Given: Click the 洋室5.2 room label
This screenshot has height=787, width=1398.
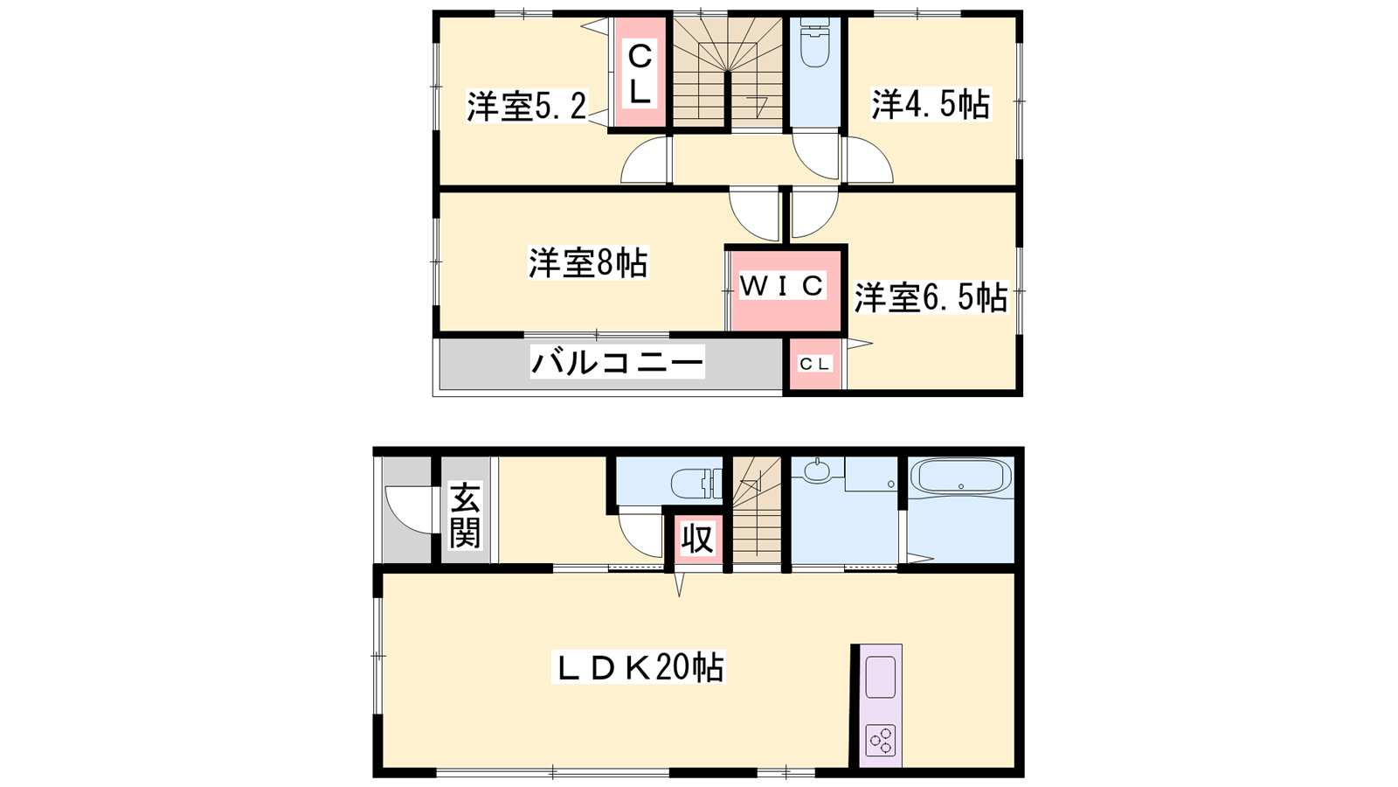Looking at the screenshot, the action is (x=528, y=107).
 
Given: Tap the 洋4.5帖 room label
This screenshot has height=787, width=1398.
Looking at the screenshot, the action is (x=931, y=104).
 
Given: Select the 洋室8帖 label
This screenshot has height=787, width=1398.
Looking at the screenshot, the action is (x=588, y=262).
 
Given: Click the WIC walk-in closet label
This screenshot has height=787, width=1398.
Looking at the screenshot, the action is (x=783, y=285).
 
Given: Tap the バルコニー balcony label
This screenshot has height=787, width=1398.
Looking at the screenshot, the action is (x=617, y=361).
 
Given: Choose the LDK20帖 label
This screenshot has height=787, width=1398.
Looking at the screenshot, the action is (x=638, y=667).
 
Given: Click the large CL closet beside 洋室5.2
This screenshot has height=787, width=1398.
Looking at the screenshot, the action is (x=640, y=74).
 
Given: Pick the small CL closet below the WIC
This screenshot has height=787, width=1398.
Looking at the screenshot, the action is (x=814, y=364).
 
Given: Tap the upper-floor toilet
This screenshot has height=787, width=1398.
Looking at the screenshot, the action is (x=814, y=42).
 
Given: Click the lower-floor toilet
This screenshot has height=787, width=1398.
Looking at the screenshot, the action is (x=696, y=483).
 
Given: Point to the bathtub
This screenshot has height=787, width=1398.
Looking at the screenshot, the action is (x=961, y=477).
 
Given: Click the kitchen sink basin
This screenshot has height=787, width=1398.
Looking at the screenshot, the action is (x=880, y=677).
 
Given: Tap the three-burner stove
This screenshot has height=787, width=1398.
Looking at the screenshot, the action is (x=881, y=742).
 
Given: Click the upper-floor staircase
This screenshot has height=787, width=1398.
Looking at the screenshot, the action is (x=727, y=73).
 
